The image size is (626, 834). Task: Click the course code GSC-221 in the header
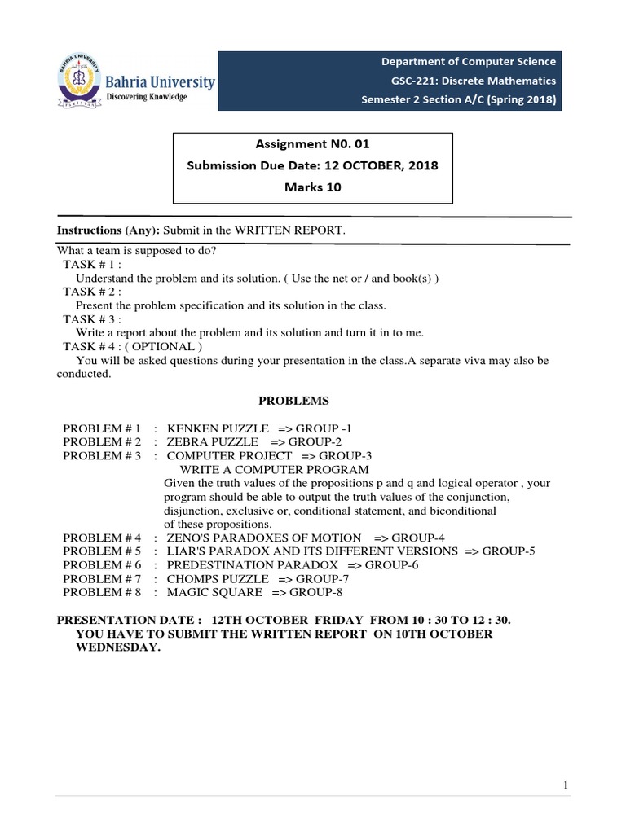click(415, 81)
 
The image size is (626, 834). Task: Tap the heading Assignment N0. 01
click(312, 144)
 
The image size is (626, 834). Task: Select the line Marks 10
click(312, 187)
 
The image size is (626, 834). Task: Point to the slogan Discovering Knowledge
click(148, 97)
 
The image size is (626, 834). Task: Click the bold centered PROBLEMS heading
click(294, 402)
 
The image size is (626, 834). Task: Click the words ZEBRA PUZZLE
click(207, 441)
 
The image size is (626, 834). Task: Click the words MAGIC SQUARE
click(214, 592)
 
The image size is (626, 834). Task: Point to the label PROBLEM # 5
click(102, 551)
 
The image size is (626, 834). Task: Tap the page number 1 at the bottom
click(565, 785)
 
